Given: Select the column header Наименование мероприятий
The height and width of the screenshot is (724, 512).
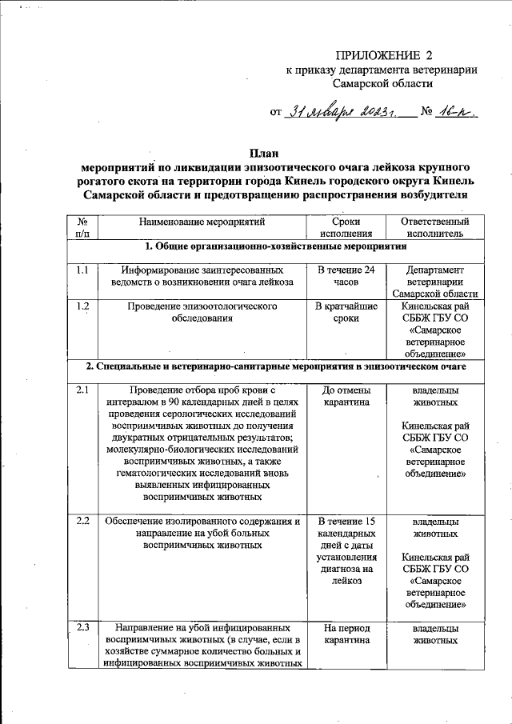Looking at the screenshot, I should tap(201, 221).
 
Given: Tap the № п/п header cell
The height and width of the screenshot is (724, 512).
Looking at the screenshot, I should tap(82, 227).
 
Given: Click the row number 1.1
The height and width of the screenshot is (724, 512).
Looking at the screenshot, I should tap(82, 270).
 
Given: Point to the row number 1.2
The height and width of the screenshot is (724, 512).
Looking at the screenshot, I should tap(82, 306).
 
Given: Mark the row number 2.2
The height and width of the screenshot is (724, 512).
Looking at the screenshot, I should tap(82, 522).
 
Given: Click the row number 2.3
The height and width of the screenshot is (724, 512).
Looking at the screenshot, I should tap(82, 628).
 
